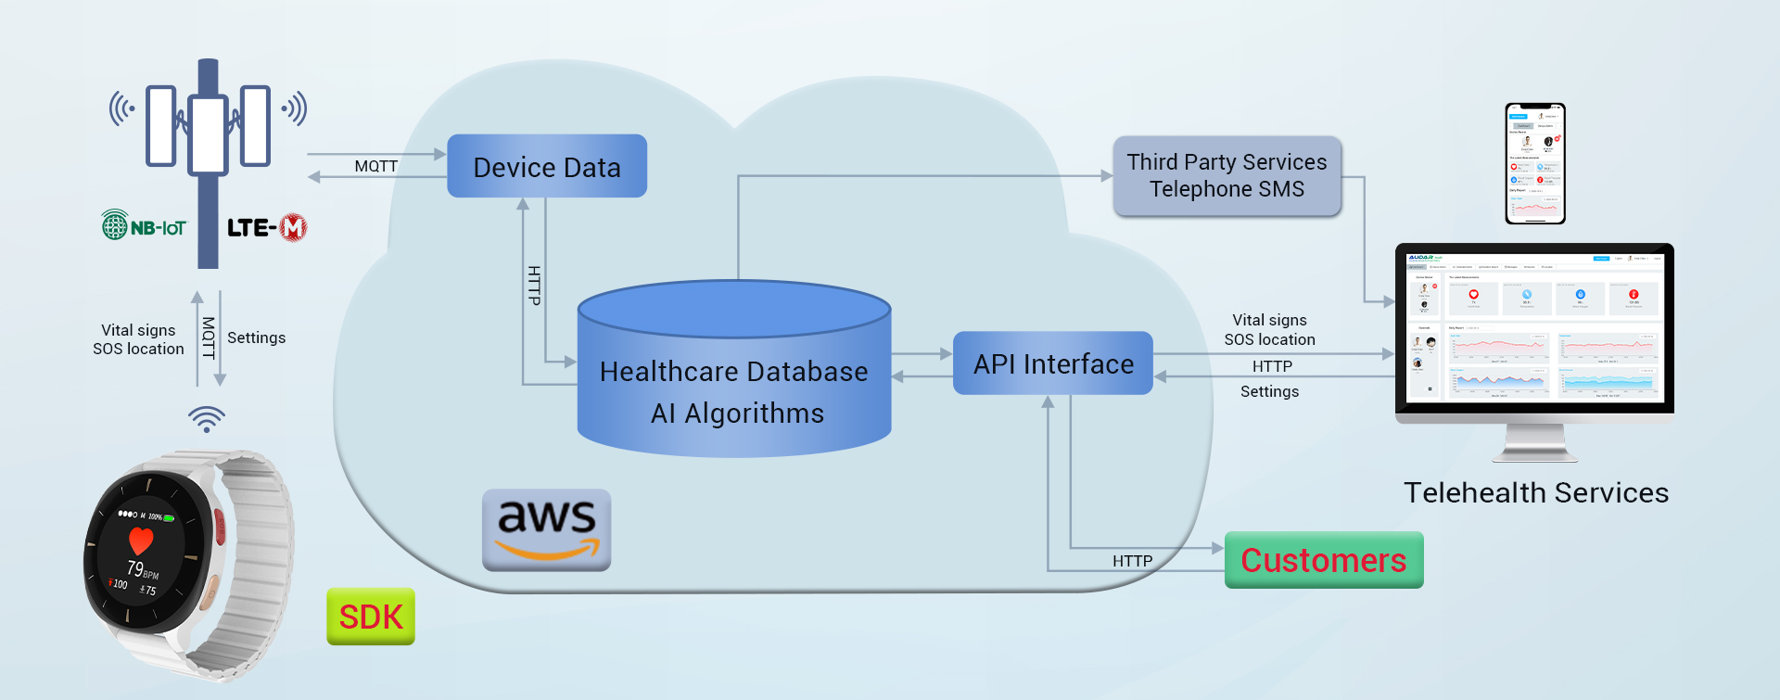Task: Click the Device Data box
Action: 547,167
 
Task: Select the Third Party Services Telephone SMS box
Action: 1227,175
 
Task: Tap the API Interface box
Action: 1053,363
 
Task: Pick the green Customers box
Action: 1324,560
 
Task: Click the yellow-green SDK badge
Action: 371,617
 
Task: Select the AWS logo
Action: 547,529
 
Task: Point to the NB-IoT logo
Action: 144,225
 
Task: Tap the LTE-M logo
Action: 267,227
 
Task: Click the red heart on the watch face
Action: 141,540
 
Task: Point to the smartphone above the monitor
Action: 1535,163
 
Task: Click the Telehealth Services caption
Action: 1535,493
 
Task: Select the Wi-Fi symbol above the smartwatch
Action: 207,418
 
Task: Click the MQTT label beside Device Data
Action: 375,166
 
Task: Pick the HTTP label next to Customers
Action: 1132,561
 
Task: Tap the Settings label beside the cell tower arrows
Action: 256,337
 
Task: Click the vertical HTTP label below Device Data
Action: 534,286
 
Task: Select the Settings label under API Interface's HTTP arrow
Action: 1269,391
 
